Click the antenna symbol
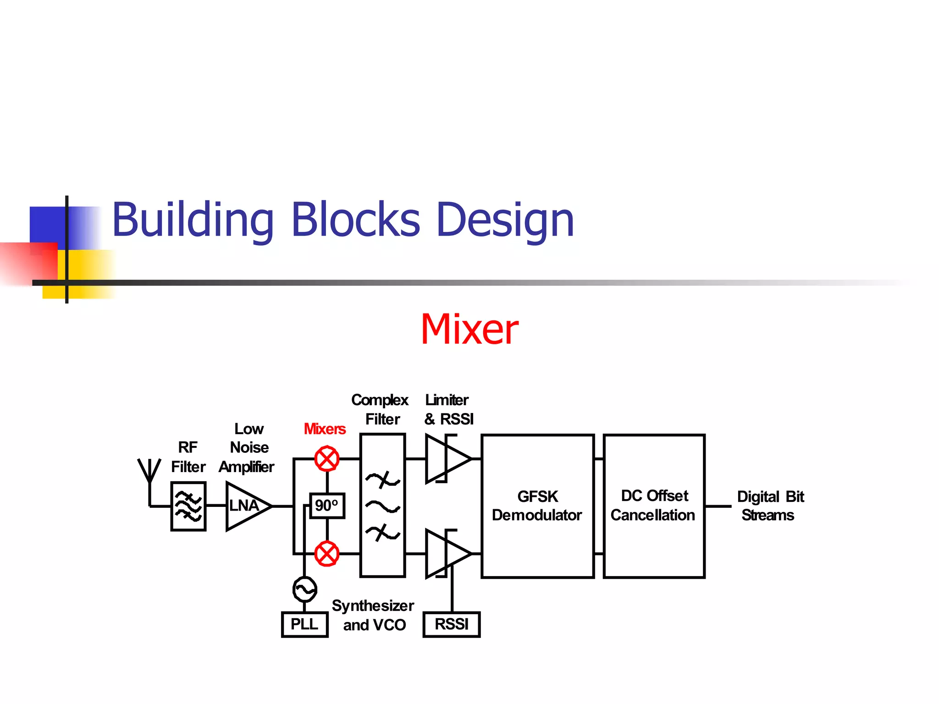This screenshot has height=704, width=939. click(x=149, y=472)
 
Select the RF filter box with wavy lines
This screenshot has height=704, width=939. click(x=188, y=506)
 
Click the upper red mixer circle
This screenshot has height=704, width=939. click(x=327, y=459)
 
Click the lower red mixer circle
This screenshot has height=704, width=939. click(x=327, y=554)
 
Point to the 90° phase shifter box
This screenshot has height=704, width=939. click(x=327, y=506)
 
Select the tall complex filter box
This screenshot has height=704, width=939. click(x=383, y=505)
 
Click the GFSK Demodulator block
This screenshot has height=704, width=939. click(x=537, y=506)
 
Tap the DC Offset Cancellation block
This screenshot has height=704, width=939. click(x=654, y=506)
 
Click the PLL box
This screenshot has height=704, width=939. click(x=304, y=624)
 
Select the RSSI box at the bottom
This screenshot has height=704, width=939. click(x=452, y=624)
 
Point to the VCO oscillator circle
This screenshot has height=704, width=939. click(x=304, y=589)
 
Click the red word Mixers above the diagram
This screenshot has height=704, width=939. click(x=325, y=429)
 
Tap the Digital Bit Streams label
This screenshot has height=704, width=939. click(x=770, y=506)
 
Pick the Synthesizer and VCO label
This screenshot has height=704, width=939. click(x=374, y=615)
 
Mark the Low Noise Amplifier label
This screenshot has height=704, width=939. click(x=248, y=448)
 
